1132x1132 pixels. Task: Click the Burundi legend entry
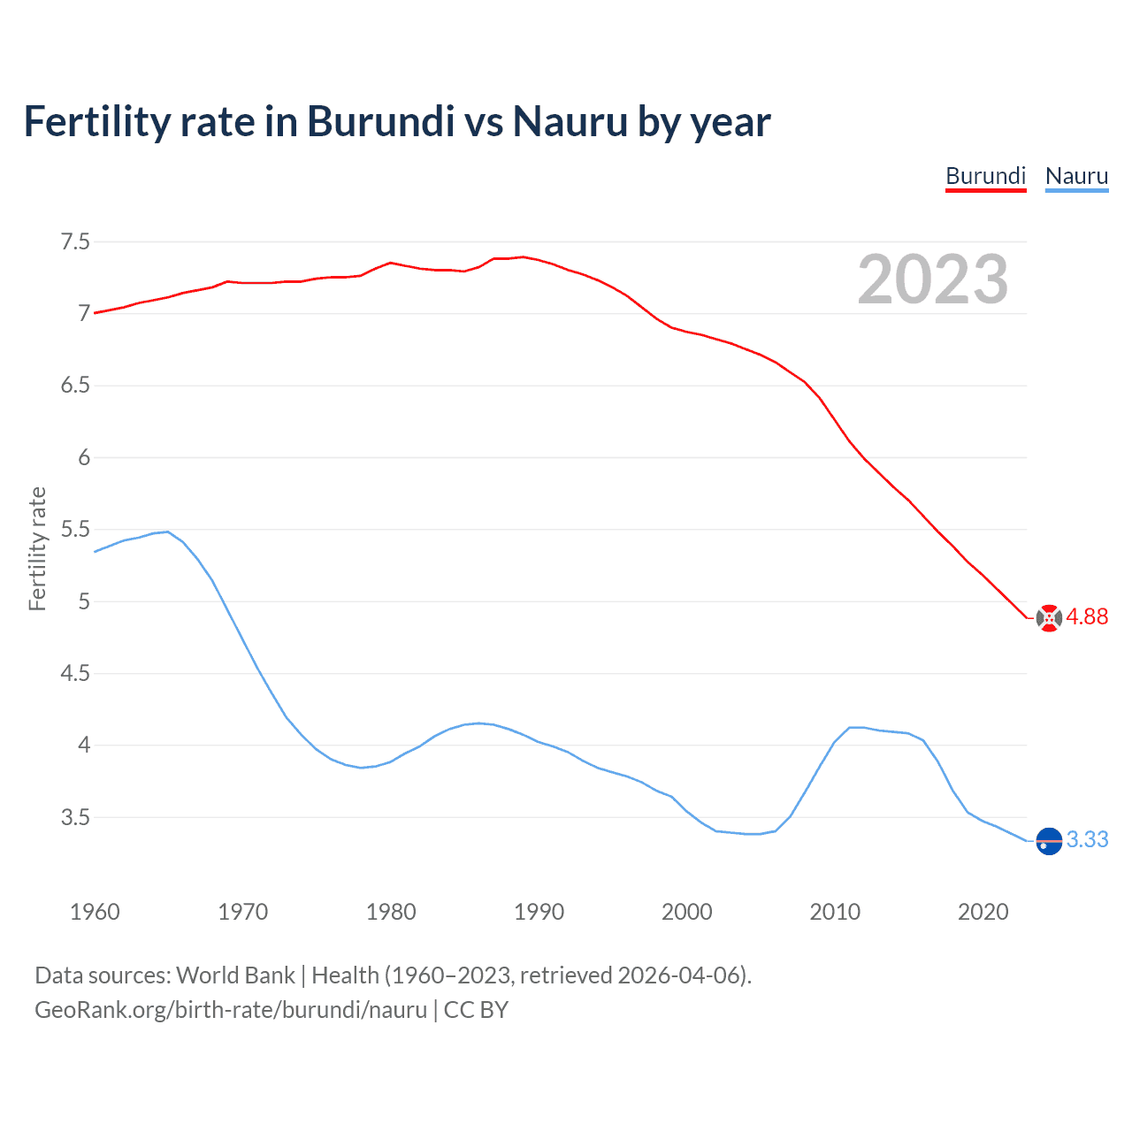pos(985,176)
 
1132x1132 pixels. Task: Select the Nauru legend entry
pos(1076,176)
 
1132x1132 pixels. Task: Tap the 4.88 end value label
pos(1087,617)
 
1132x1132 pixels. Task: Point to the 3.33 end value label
pos(1087,839)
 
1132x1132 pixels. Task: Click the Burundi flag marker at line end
pos(1049,618)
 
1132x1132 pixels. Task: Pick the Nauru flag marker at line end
pos(1049,840)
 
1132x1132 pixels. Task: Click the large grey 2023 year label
pos(933,279)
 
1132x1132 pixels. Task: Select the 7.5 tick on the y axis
pos(75,241)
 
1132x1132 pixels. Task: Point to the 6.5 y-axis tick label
pos(75,386)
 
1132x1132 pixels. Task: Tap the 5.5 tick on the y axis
pos(75,530)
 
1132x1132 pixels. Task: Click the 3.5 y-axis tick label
pos(75,817)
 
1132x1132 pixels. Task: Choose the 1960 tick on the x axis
pos(95,912)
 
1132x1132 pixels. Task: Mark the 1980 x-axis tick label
pos(391,912)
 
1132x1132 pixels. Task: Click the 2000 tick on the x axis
pos(686,912)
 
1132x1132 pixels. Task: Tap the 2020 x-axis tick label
pos(983,912)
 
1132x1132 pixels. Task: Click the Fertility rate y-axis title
pos(37,548)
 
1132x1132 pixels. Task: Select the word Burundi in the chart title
pos(380,121)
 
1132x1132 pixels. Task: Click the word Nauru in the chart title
pos(570,121)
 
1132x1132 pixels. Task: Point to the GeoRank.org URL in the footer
pos(230,1010)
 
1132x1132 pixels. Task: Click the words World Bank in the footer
pos(235,975)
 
